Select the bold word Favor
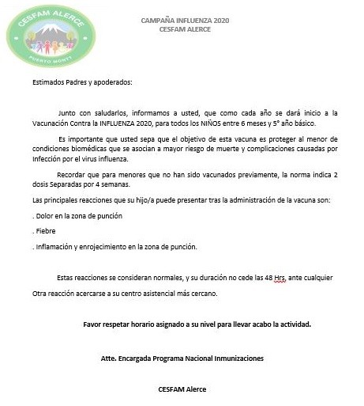(93, 324)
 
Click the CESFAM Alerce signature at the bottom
(182, 389)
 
